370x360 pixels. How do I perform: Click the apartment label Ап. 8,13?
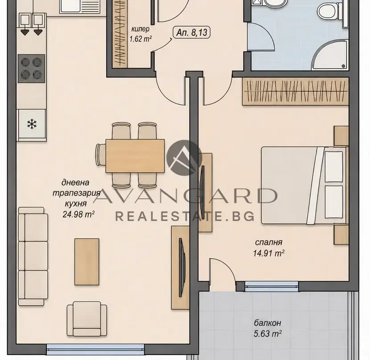coord(192,33)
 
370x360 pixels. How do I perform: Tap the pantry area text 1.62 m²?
coord(140,39)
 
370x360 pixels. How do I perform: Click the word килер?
coord(140,29)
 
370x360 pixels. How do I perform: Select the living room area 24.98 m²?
coord(79,214)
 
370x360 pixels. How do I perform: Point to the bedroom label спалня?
coord(268,242)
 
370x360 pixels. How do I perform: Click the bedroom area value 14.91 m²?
coord(268,253)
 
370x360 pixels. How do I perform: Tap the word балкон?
coord(267,323)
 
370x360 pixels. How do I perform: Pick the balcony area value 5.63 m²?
coord(267,334)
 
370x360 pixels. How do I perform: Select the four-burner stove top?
coord(31,69)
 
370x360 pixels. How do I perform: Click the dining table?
coord(135,156)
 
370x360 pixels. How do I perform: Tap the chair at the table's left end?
coord(101,155)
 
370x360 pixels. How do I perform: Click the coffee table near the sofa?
coord(87,262)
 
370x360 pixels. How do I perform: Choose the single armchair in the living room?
coord(87,319)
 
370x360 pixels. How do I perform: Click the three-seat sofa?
coord(33,257)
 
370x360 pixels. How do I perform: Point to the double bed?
coord(304,185)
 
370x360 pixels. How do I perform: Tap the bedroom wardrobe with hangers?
coord(296,91)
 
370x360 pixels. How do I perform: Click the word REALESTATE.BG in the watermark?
coord(185,216)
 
